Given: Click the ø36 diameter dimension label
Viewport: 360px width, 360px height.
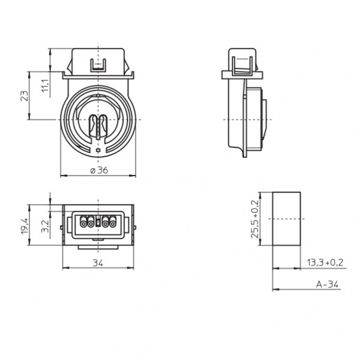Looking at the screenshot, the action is pyautogui.click(x=99, y=170).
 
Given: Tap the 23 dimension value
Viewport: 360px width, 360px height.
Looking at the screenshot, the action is pyautogui.click(x=25, y=96).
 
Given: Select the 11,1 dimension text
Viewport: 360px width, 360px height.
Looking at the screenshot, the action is pyautogui.click(x=45, y=85).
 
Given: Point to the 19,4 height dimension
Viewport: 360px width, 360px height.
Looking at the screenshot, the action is pyautogui.click(x=25, y=226).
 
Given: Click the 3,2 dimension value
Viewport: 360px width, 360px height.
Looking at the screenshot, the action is pyautogui.click(x=45, y=226).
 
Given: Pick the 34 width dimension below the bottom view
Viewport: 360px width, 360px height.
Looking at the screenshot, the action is pyautogui.click(x=98, y=263).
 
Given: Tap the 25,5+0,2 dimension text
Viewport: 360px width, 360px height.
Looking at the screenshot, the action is pyautogui.click(x=254, y=219).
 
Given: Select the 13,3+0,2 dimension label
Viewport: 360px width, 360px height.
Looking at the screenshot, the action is pyautogui.click(x=325, y=262).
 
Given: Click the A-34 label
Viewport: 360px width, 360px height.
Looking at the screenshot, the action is pyautogui.click(x=327, y=284).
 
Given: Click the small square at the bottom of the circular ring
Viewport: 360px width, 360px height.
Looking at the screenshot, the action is pyautogui.click(x=98, y=151).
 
